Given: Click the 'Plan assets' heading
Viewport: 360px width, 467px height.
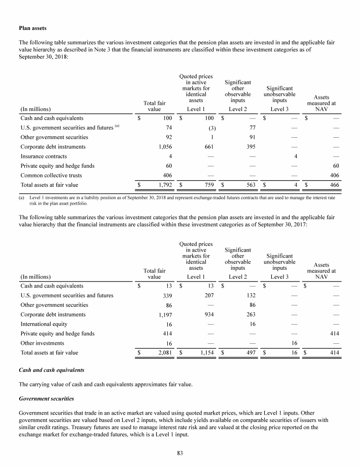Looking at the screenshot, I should coord(32,29).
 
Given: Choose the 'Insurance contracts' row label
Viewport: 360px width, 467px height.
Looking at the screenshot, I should coord(44,156).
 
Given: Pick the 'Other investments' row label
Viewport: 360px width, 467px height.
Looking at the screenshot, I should coord(42,343).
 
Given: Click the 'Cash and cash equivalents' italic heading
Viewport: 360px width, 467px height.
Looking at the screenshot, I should coord(51,370).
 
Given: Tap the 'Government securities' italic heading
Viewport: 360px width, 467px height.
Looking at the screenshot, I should coord(45,400).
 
